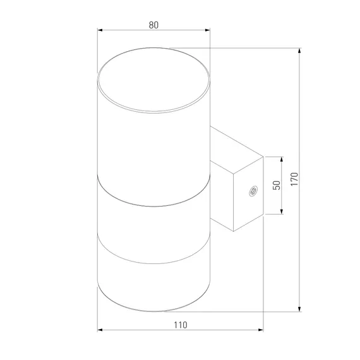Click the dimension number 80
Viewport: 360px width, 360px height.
153,25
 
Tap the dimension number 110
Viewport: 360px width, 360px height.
181,325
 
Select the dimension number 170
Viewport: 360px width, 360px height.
294,179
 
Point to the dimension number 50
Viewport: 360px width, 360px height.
277,185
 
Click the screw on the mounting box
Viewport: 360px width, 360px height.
253,191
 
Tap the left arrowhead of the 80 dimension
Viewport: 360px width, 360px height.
100,30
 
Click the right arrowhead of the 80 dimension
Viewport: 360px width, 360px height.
208,30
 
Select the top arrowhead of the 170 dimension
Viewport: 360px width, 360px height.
299,51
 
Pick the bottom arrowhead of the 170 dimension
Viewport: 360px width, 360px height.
299,309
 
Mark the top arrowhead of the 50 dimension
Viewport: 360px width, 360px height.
282,160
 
